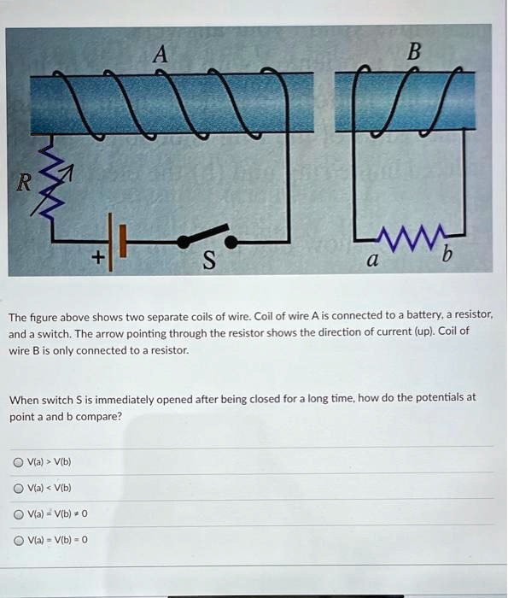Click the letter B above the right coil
[414, 51]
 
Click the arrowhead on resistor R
[71, 173]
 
